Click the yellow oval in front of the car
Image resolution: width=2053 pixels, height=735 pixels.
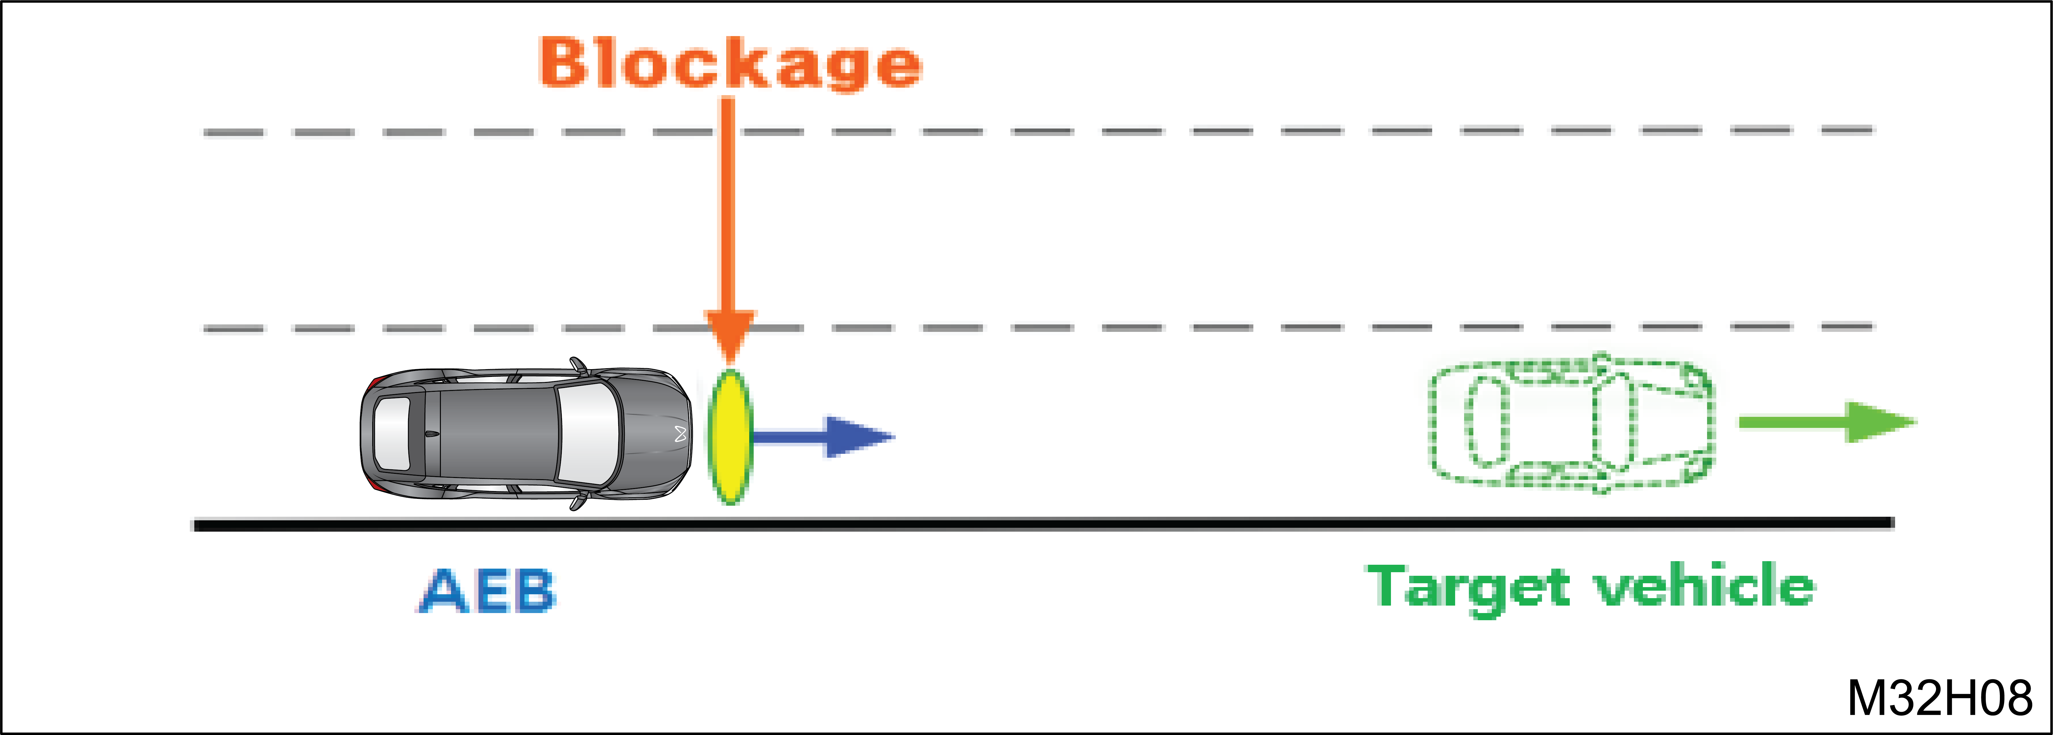click(x=730, y=437)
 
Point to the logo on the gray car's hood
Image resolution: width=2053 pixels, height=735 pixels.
click(x=680, y=434)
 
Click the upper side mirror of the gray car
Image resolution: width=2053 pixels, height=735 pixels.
click(x=578, y=366)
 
